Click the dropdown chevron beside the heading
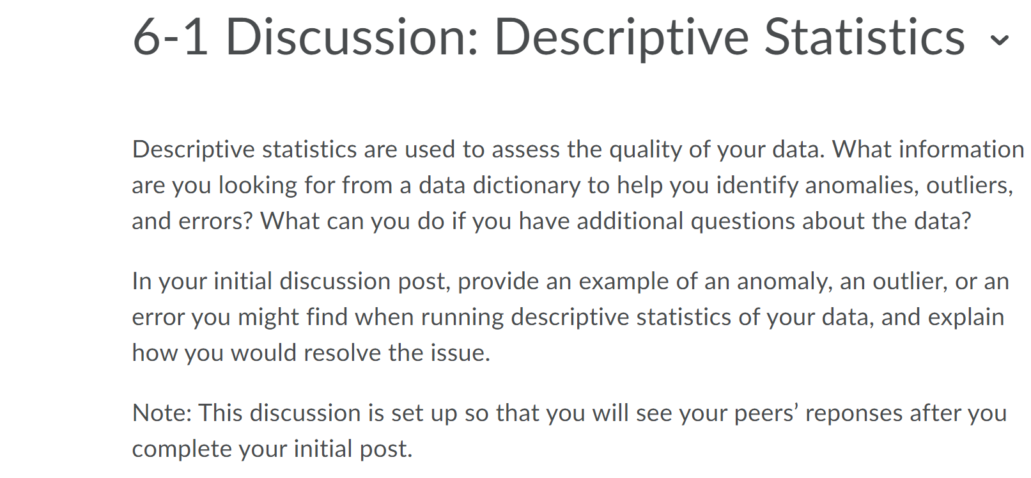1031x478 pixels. [x=999, y=40]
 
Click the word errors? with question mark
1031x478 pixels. [x=216, y=221]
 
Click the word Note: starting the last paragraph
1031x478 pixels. [x=162, y=413]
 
